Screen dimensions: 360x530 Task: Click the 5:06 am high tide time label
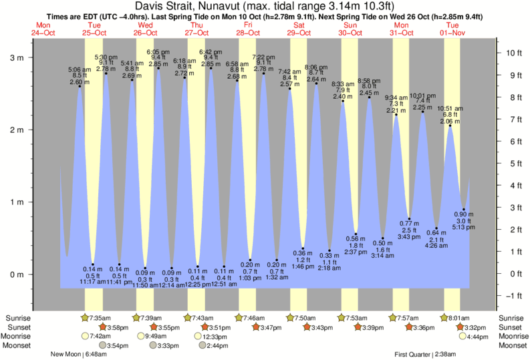point(79,69)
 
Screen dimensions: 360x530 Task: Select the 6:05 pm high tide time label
point(158,51)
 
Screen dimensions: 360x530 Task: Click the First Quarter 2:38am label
point(424,355)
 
